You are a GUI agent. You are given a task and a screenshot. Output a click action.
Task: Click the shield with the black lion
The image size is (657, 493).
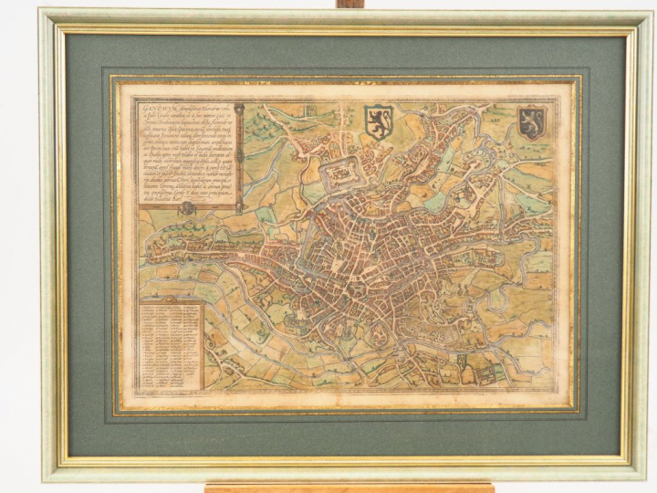[377, 121]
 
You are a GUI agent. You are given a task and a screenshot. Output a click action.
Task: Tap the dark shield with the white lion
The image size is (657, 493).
[531, 121]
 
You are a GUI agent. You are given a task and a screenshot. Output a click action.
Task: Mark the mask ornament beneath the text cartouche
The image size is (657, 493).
[186, 208]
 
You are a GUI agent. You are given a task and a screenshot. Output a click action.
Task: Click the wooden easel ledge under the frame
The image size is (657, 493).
[347, 487]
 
